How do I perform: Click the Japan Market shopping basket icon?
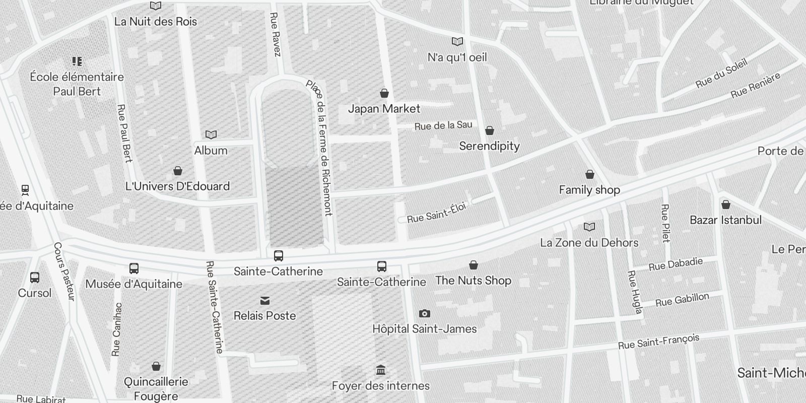point(384,93)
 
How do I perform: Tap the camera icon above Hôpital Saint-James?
point(424,314)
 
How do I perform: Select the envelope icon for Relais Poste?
point(265,301)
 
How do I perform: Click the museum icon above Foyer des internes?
point(381,371)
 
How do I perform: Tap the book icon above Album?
point(211,135)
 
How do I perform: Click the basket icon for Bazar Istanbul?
point(726,205)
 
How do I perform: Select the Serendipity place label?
point(489,146)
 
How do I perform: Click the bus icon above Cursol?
point(35,278)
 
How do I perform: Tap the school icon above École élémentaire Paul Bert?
point(77,61)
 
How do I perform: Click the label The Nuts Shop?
point(473,281)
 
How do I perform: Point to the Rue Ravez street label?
point(275,35)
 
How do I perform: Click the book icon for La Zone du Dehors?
point(589,227)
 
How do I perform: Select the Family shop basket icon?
point(590,174)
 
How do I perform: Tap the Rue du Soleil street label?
point(721,74)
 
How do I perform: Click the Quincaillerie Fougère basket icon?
point(156,366)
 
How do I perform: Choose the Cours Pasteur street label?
point(64,272)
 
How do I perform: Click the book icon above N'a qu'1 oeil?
point(457,42)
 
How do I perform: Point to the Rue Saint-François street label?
point(658,342)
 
